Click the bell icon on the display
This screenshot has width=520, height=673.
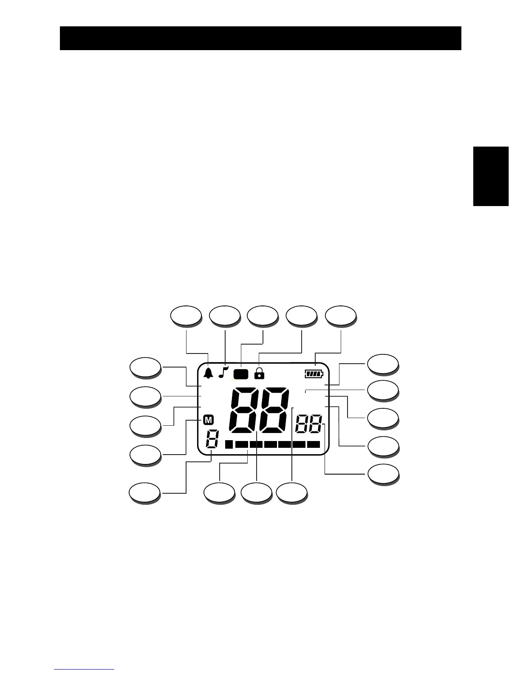208,373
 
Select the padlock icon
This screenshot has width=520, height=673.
259,373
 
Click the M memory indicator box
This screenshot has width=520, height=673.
208,420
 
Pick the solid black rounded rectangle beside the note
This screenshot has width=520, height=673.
241,374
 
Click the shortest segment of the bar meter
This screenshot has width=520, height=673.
229,444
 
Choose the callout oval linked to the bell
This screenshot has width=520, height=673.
186,316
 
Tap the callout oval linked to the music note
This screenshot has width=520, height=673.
225,316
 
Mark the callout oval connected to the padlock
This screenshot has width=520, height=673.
301,316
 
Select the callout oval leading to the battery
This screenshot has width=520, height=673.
340,316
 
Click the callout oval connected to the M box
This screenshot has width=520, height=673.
145,455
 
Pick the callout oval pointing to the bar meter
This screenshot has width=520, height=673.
219,493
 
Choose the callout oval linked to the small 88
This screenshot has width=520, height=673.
383,474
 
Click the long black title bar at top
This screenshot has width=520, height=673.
260,38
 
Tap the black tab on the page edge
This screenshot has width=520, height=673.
491,176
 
